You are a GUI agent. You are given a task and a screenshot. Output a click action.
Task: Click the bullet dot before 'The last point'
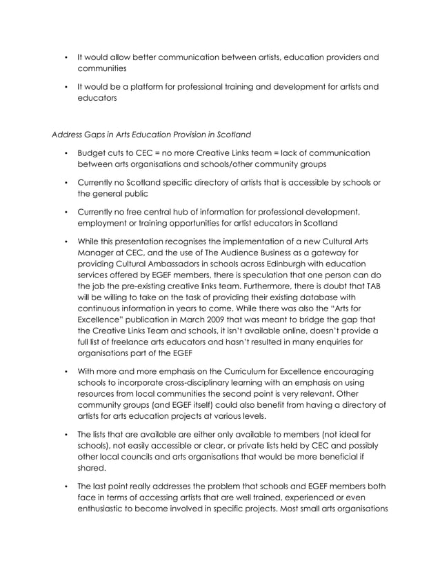point(65,484)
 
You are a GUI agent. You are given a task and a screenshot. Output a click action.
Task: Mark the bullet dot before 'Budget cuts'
point(65,153)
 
